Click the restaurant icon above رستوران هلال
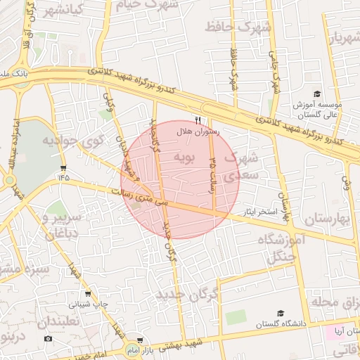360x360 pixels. (x=198, y=120)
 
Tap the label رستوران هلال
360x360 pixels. (x=198, y=131)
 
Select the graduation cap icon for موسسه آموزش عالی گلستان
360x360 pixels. (x=316, y=94)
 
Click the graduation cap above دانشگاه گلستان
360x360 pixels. (x=281, y=313)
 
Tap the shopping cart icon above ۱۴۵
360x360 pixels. (x=65, y=167)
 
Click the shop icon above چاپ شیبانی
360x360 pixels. (x=87, y=295)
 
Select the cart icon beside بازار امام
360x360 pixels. (x=139, y=340)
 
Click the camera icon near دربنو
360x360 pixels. (x=48, y=339)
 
